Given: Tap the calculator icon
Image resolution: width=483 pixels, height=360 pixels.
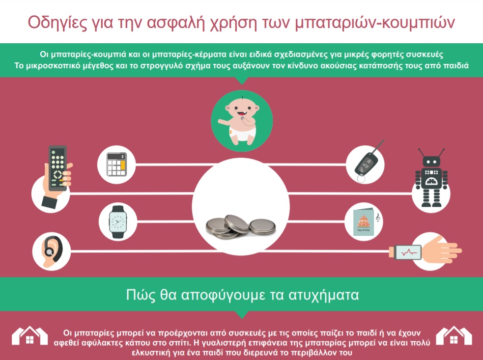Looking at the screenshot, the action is click(116, 165).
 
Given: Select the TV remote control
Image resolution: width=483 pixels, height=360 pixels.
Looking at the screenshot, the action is click(57, 168).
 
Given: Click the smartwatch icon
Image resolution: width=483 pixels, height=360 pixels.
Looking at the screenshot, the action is click(117, 222).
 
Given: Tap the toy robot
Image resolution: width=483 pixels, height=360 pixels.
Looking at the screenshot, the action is click(431, 178).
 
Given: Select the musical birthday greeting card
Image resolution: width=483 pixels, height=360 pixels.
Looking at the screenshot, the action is click(364, 222).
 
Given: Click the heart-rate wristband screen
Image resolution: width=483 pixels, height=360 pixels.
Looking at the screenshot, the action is click(408, 252).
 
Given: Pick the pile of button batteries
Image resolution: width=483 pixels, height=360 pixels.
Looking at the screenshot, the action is click(241, 226).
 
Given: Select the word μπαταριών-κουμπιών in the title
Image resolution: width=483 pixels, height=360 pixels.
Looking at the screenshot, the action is click(375, 23).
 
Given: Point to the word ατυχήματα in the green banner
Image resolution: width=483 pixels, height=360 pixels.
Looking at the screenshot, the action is click(323, 295).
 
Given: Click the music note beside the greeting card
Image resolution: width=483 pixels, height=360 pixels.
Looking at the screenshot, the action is click(378, 218).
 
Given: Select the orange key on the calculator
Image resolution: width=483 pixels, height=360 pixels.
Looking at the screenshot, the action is click(123, 165).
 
